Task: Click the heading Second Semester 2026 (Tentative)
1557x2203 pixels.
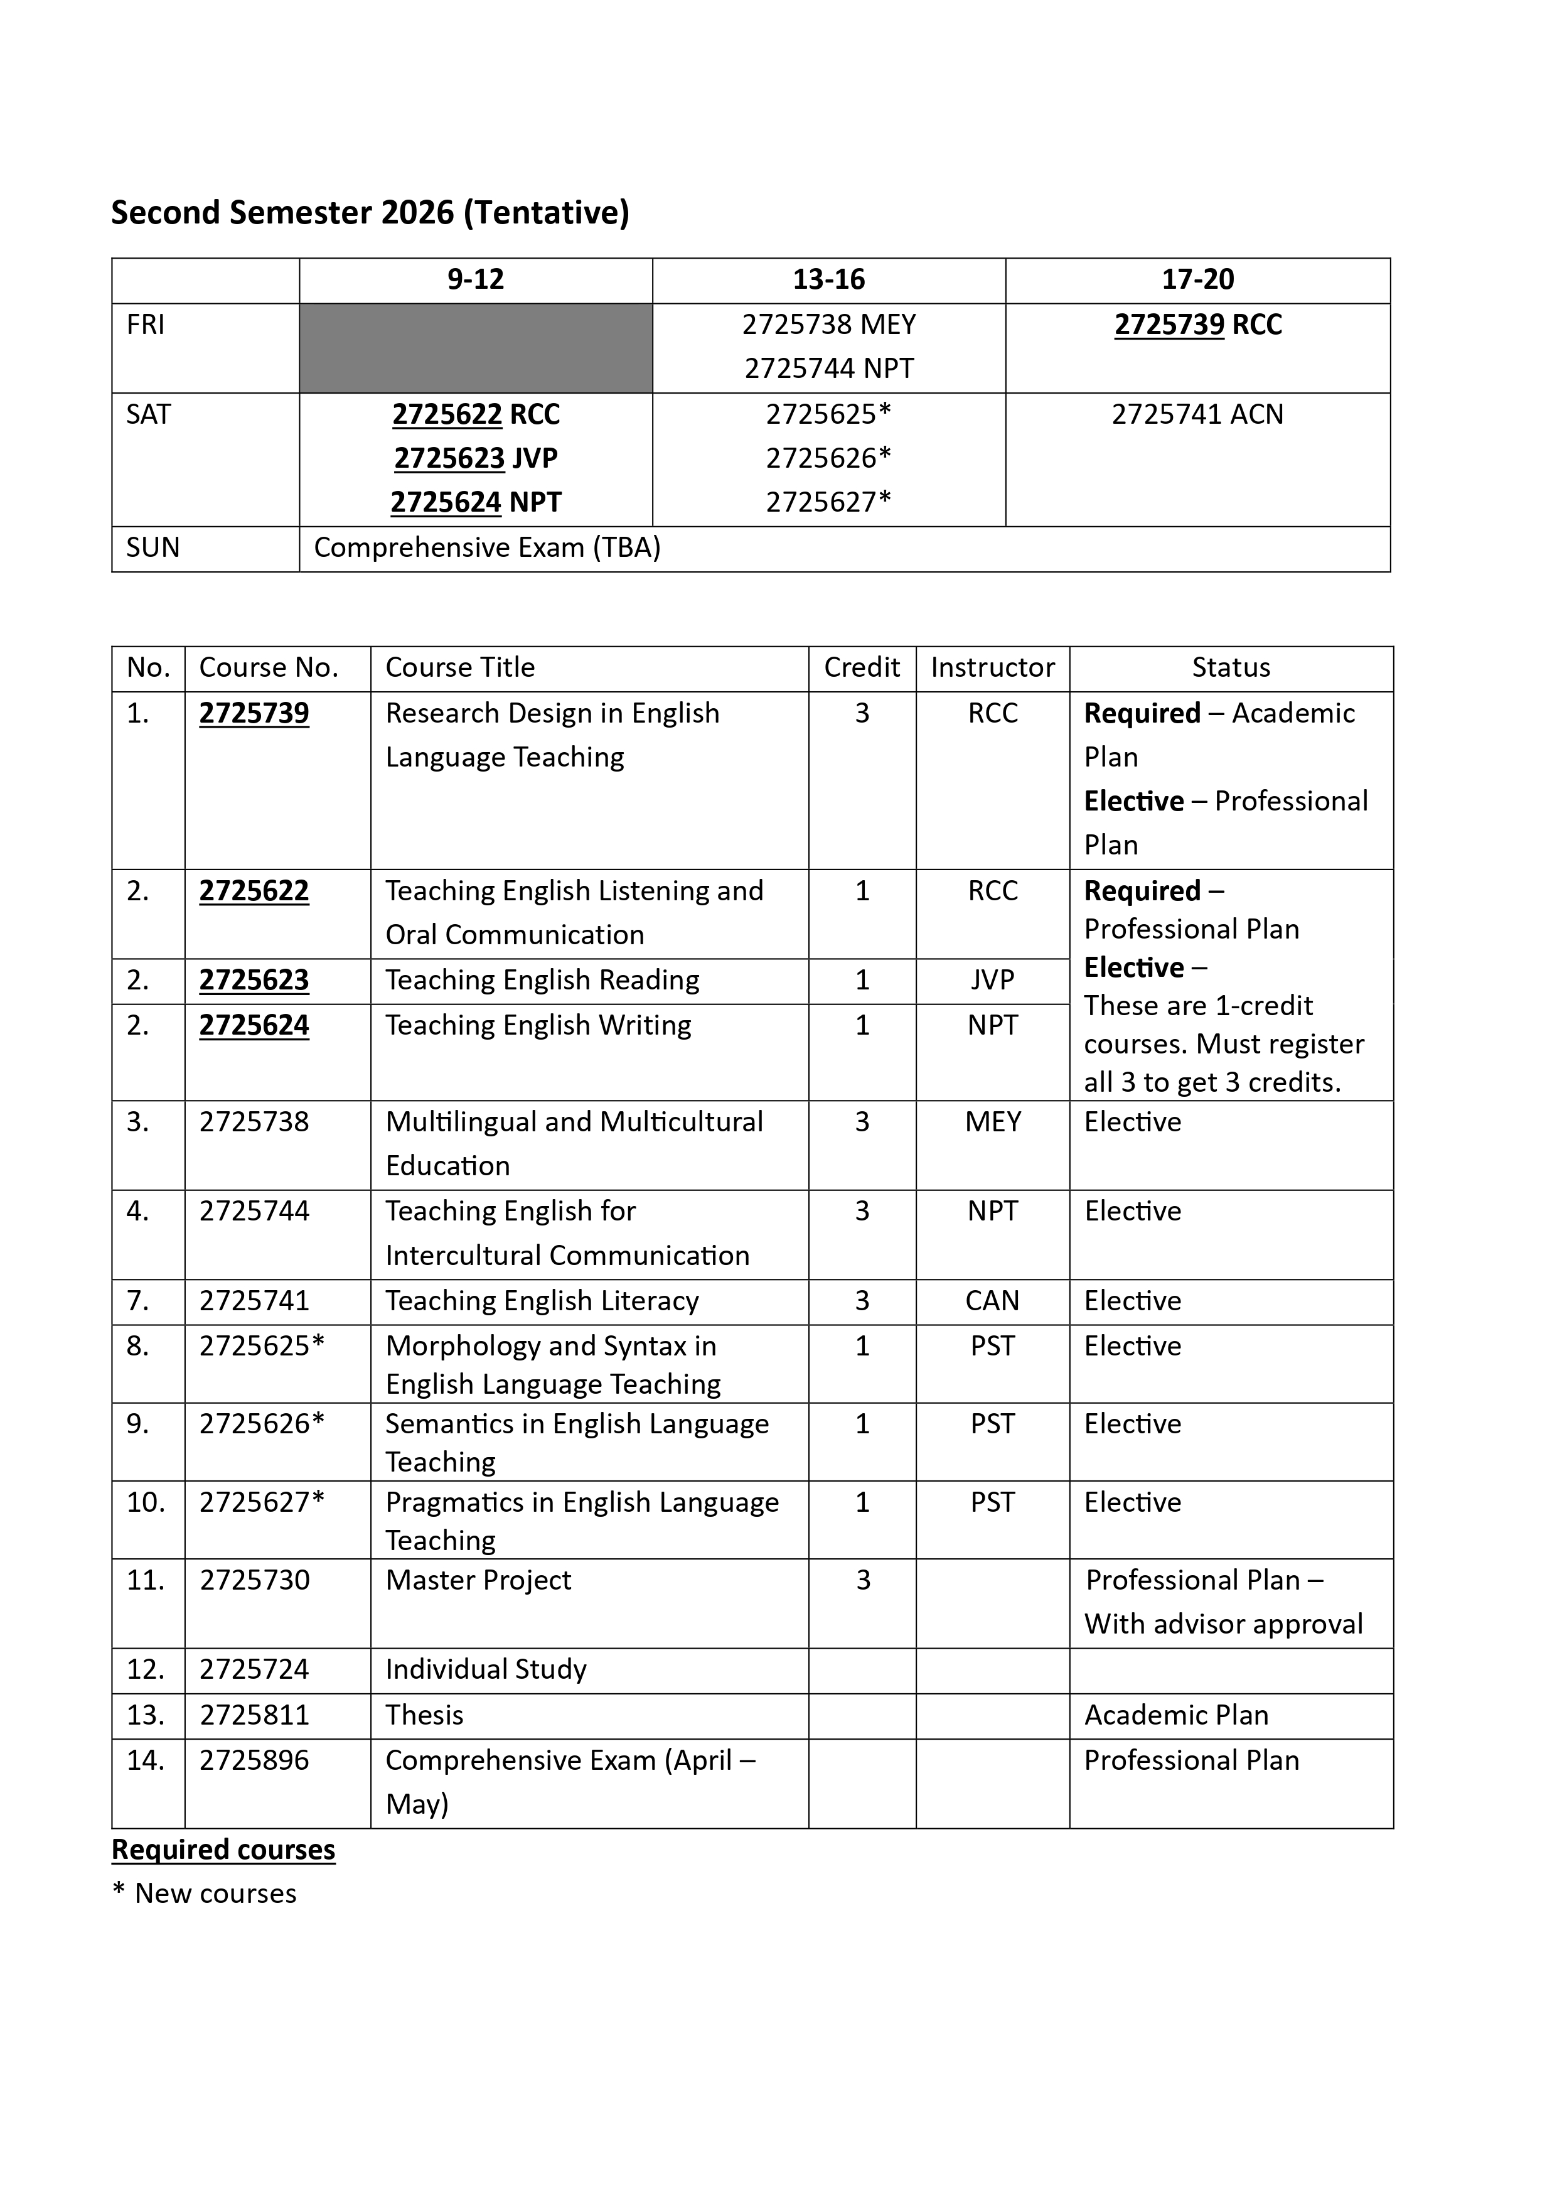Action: pyautogui.click(x=370, y=212)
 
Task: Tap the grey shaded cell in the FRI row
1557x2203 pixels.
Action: pyautogui.click(x=475, y=347)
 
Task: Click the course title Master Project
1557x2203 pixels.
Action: pyautogui.click(x=478, y=1580)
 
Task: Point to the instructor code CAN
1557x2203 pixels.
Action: pyautogui.click(x=992, y=1301)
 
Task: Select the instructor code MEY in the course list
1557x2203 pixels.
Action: pyautogui.click(x=992, y=1122)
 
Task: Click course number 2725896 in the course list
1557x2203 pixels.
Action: pyautogui.click(x=254, y=1760)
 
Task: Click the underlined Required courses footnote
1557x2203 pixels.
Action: pyautogui.click(x=223, y=1850)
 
